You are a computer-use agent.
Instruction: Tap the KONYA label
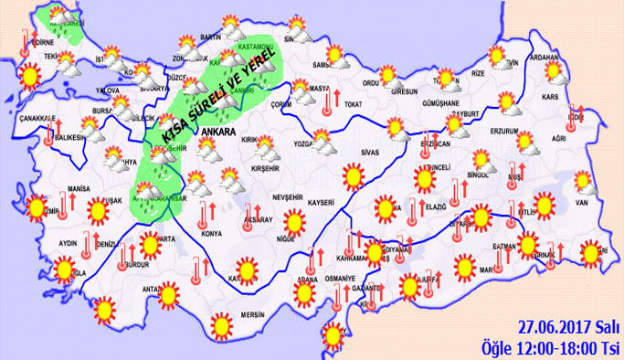212,233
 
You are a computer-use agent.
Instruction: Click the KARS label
550,95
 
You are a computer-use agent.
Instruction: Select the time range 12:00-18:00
558,347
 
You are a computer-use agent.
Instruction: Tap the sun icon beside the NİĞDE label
293,220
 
